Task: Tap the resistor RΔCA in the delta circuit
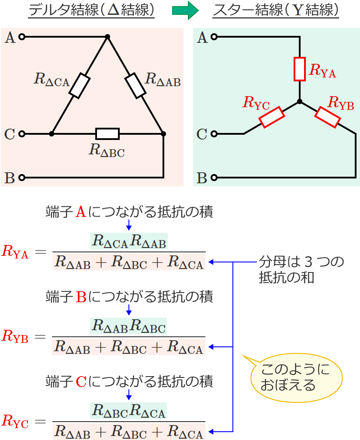(x=80, y=86)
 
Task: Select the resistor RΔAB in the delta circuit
(x=135, y=86)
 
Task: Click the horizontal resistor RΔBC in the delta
(x=107, y=133)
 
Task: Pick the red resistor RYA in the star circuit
(x=299, y=69)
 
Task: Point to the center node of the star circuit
(x=299, y=101)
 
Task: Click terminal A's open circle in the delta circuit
(x=22, y=37)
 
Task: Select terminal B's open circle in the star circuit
(x=214, y=178)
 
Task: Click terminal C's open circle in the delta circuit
(x=22, y=133)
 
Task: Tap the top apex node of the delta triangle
(x=107, y=37)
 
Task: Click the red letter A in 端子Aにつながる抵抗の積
(x=81, y=213)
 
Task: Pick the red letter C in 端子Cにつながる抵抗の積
(x=81, y=382)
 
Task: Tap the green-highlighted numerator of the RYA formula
(x=128, y=241)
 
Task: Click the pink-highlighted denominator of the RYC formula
(x=128, y=433)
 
